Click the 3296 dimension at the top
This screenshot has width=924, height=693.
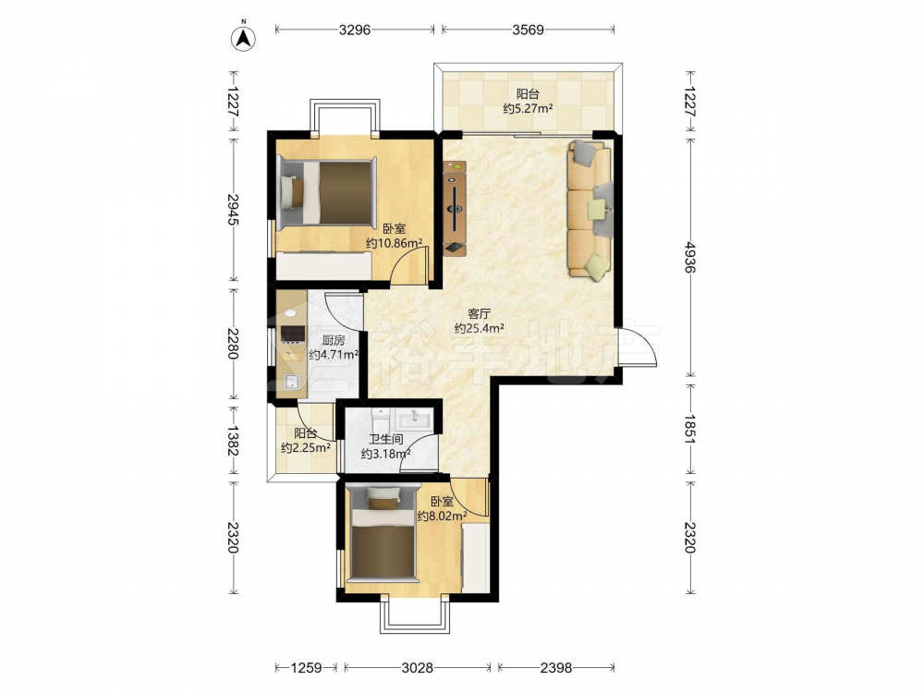355,30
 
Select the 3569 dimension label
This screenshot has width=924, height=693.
528,30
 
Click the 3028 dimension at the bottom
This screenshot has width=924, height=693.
418,668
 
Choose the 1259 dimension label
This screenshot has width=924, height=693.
307,668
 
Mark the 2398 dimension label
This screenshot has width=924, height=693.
556,668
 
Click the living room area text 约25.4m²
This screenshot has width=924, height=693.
479,328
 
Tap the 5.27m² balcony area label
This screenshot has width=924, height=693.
528,108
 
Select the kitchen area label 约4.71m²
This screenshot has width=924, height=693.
334,355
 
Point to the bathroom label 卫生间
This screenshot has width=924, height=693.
386,439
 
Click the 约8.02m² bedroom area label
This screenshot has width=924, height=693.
442,517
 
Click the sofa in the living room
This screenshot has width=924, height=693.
590,209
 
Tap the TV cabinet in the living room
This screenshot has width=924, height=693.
455,209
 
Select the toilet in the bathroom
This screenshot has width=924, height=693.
381,419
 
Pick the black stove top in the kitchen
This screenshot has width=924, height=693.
293,334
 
